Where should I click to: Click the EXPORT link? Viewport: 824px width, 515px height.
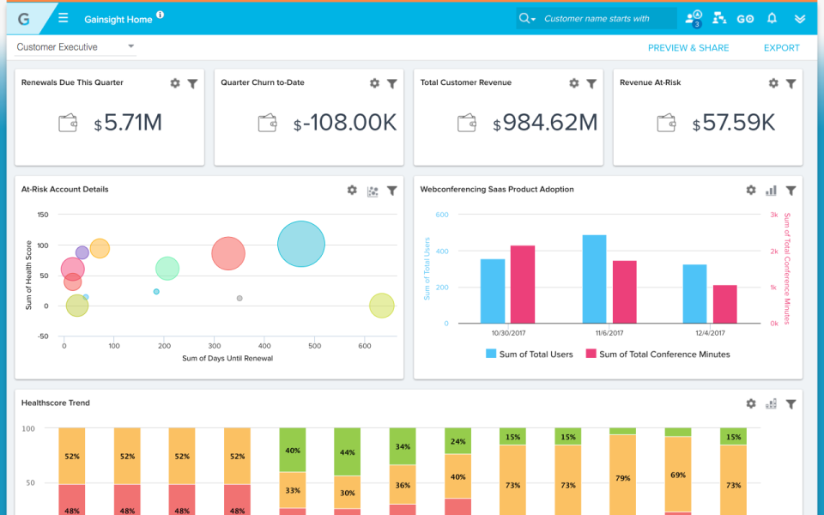pos(781,48)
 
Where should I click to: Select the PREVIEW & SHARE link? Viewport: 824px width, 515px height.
pos(688,48)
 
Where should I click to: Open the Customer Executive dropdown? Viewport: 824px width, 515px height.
pos(76,47)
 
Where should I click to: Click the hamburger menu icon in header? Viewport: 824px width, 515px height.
pos(64,18)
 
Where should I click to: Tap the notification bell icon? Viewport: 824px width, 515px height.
pos(772,18)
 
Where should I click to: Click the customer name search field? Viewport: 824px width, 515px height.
pos(605,19)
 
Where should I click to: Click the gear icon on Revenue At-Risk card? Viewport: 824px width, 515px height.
pos(773,83)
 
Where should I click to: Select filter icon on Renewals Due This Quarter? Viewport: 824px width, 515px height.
pos(192,83)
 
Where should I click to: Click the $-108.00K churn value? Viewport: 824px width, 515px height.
pos(345,123)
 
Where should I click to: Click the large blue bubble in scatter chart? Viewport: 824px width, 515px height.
pos(301,245)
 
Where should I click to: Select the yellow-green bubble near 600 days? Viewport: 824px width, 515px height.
pos(382,306)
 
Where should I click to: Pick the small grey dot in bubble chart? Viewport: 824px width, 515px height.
pos(239,298)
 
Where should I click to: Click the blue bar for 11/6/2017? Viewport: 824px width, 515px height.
pos(594,279)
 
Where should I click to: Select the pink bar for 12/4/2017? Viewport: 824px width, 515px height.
pos(725,304)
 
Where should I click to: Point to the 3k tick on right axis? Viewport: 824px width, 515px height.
pos(773,215)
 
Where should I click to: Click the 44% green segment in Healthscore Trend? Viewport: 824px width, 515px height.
pos(348,451)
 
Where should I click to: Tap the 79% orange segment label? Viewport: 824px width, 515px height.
pos(623,478)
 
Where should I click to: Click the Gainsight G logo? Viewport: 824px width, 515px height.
pos(23,18)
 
